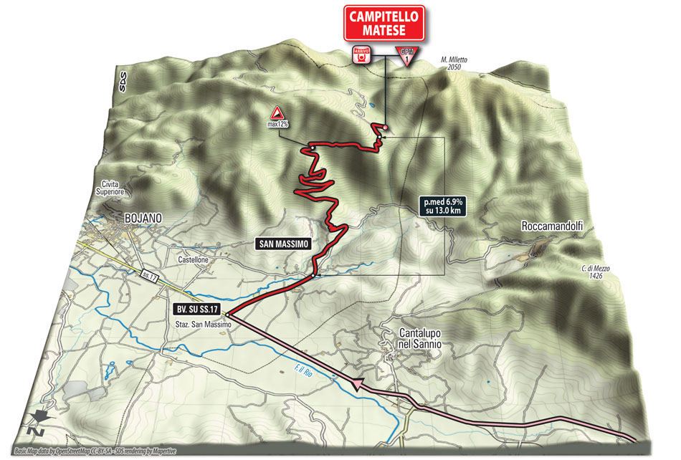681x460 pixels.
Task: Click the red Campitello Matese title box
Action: coord(384,23)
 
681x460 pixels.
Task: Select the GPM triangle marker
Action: coord(406,54)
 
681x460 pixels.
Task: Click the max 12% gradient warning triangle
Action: coord(275,112)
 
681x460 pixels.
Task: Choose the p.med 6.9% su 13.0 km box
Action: coord(442,207)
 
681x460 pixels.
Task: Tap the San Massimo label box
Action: coord(282,244)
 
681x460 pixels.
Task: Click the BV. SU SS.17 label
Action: coord(196,310)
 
